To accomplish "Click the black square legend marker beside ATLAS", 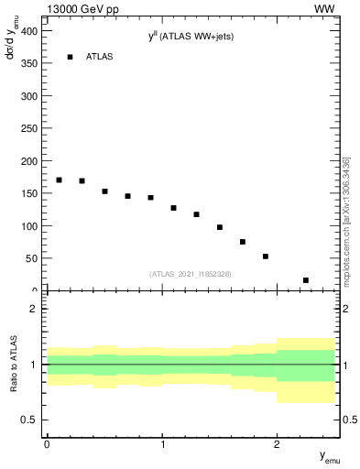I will coord(70,57).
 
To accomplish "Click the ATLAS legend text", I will coord(100,57).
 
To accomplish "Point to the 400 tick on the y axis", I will coord(29,31).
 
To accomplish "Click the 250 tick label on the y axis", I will coord(29,128).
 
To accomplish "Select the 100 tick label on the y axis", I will coord(29,225).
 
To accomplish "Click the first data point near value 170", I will coord(59,180).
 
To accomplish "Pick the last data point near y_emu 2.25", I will coord(305,280).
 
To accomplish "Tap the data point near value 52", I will coord(265,256).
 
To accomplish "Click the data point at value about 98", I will coord(220,227).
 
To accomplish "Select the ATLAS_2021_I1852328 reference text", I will coord(191,274).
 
